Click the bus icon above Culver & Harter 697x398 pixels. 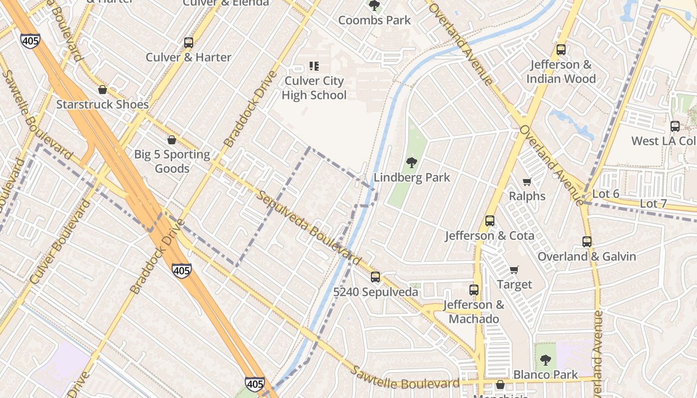pos(188,43)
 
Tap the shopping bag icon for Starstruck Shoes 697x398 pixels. pos(103,90)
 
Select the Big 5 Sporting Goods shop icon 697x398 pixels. pos(172,140)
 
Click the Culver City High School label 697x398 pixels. pos(314,88)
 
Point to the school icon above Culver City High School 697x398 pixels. pos(314,66)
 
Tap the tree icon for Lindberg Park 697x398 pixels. pos(411,162)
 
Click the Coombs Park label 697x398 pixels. pos(374,20)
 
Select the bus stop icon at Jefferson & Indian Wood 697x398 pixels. pos(561,50)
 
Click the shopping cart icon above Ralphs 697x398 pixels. pos(527,182)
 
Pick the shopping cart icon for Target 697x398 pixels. pos(514,270)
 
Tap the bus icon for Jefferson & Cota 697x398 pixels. pos(490,221)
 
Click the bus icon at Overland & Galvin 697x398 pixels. pos(587,242)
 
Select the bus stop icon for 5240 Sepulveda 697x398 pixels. pos(375,277)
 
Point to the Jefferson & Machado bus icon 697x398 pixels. pos(474,290)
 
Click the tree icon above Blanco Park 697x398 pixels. pos(546,360)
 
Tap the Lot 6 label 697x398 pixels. pos(606,194)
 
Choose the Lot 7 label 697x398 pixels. pos(653,203)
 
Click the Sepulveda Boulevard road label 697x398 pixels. pos(309,227)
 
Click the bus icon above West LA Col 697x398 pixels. pos(675,126)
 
